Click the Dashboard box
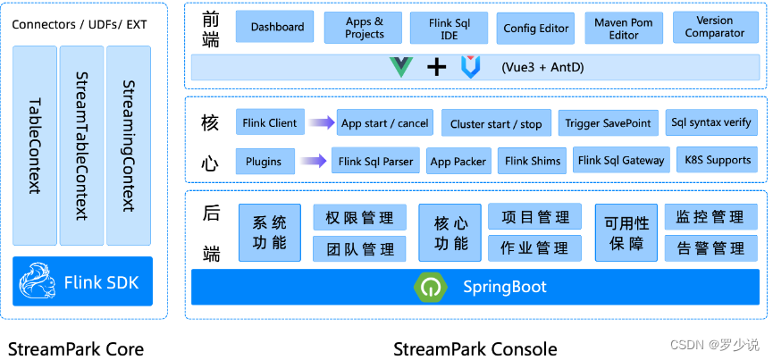pos(277,28)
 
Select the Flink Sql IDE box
pos(450,28)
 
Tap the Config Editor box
pos(536,28)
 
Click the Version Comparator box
pos(714,27)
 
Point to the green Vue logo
pos(401,67)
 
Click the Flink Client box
pos(270,123)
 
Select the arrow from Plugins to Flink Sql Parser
pos(314,162)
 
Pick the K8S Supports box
pos(717,161)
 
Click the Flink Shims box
pos(533,161)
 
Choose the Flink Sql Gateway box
pos(621,161)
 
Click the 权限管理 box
pos(359,217)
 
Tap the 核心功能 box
pos(450,232)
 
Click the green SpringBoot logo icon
pos(429,287)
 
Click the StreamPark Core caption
pos(76,348)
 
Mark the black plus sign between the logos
pos(436,67)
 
